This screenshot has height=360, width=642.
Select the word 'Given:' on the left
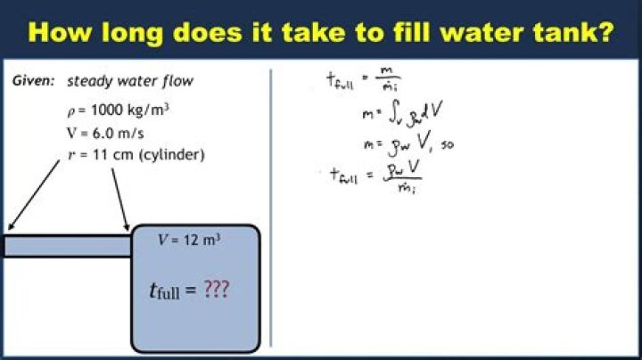(34, 81)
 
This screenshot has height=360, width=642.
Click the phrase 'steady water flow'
(130, 81)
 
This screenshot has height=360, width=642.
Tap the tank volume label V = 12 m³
(189, 240)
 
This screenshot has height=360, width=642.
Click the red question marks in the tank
(215, 290)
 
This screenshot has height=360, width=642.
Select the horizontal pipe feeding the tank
(67, 246)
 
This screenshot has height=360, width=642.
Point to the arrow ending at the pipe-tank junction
(119, 198)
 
